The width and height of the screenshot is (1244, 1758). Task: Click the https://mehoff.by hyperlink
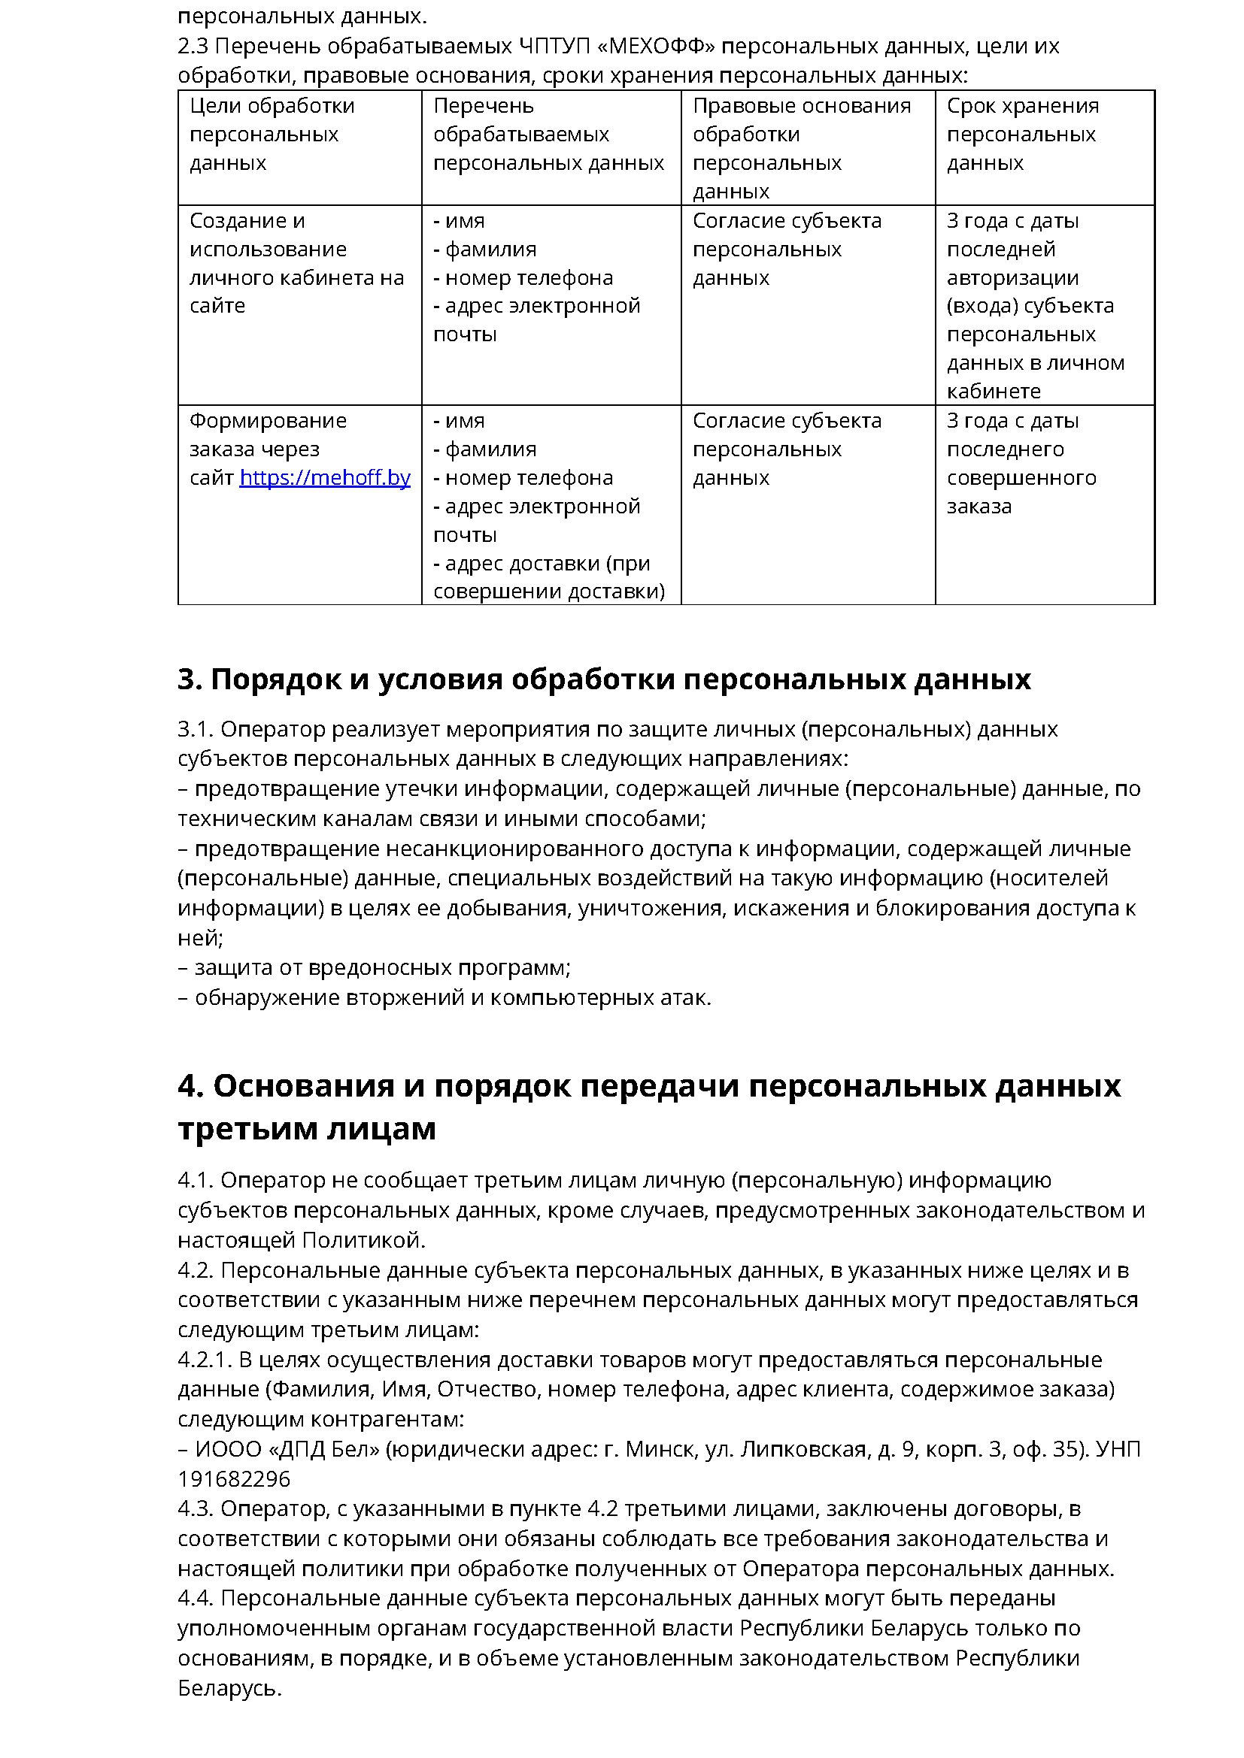point(325,478)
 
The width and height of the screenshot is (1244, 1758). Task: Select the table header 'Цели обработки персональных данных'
point(272,134)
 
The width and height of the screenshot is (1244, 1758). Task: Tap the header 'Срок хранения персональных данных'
point(1022,134)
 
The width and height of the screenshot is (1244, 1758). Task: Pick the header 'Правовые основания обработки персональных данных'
point(801,148)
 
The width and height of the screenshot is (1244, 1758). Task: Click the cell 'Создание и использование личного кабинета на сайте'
point(296,262)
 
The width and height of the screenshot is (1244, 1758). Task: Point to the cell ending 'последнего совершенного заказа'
point(1021,463)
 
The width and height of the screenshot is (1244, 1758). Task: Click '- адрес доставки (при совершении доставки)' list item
point(548,577)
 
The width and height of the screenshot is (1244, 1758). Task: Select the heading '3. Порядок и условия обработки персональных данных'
point(604,679)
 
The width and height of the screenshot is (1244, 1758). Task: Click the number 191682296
point(235,1478)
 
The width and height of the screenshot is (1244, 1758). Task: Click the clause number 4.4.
point(196,1598)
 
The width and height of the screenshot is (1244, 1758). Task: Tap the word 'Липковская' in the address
point(803,1448)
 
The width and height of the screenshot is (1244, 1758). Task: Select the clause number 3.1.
point(196,729)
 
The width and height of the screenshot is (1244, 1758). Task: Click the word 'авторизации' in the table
point(1012,278)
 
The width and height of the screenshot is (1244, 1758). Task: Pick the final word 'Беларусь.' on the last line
point(230,1687)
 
